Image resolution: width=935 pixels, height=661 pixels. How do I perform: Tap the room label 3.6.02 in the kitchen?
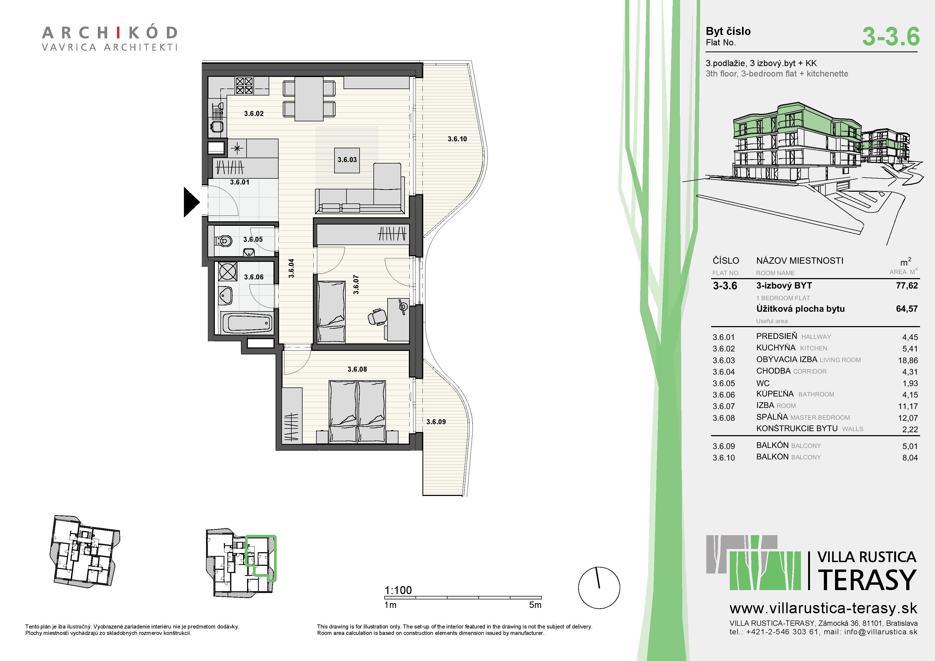tap(254, 114)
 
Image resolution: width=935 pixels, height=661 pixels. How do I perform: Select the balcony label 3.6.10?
tap(457, 139)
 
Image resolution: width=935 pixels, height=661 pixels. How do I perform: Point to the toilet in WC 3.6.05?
tap(224, 241)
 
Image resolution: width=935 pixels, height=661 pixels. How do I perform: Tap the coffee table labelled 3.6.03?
tap(347, 160)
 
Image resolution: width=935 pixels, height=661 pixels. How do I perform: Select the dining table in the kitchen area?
tap(309, 99)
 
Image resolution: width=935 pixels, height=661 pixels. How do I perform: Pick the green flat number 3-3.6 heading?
tap(891, 36)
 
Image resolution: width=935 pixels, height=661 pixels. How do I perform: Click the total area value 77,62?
tap(907, 286)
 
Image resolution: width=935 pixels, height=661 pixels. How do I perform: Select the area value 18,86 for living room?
tap(908, 360)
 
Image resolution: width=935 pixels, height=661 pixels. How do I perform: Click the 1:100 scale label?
tap(398, 590)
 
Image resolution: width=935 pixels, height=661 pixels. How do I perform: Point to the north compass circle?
tap(599, 588)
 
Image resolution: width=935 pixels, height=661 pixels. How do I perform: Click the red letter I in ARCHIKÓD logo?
tap(118, 33)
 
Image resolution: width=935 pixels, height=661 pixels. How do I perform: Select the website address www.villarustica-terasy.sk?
tap(823, 608)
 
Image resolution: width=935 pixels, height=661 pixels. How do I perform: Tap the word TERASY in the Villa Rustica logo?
tap(867, 580)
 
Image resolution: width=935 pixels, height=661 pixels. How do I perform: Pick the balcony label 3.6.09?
tap(436, 422)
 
